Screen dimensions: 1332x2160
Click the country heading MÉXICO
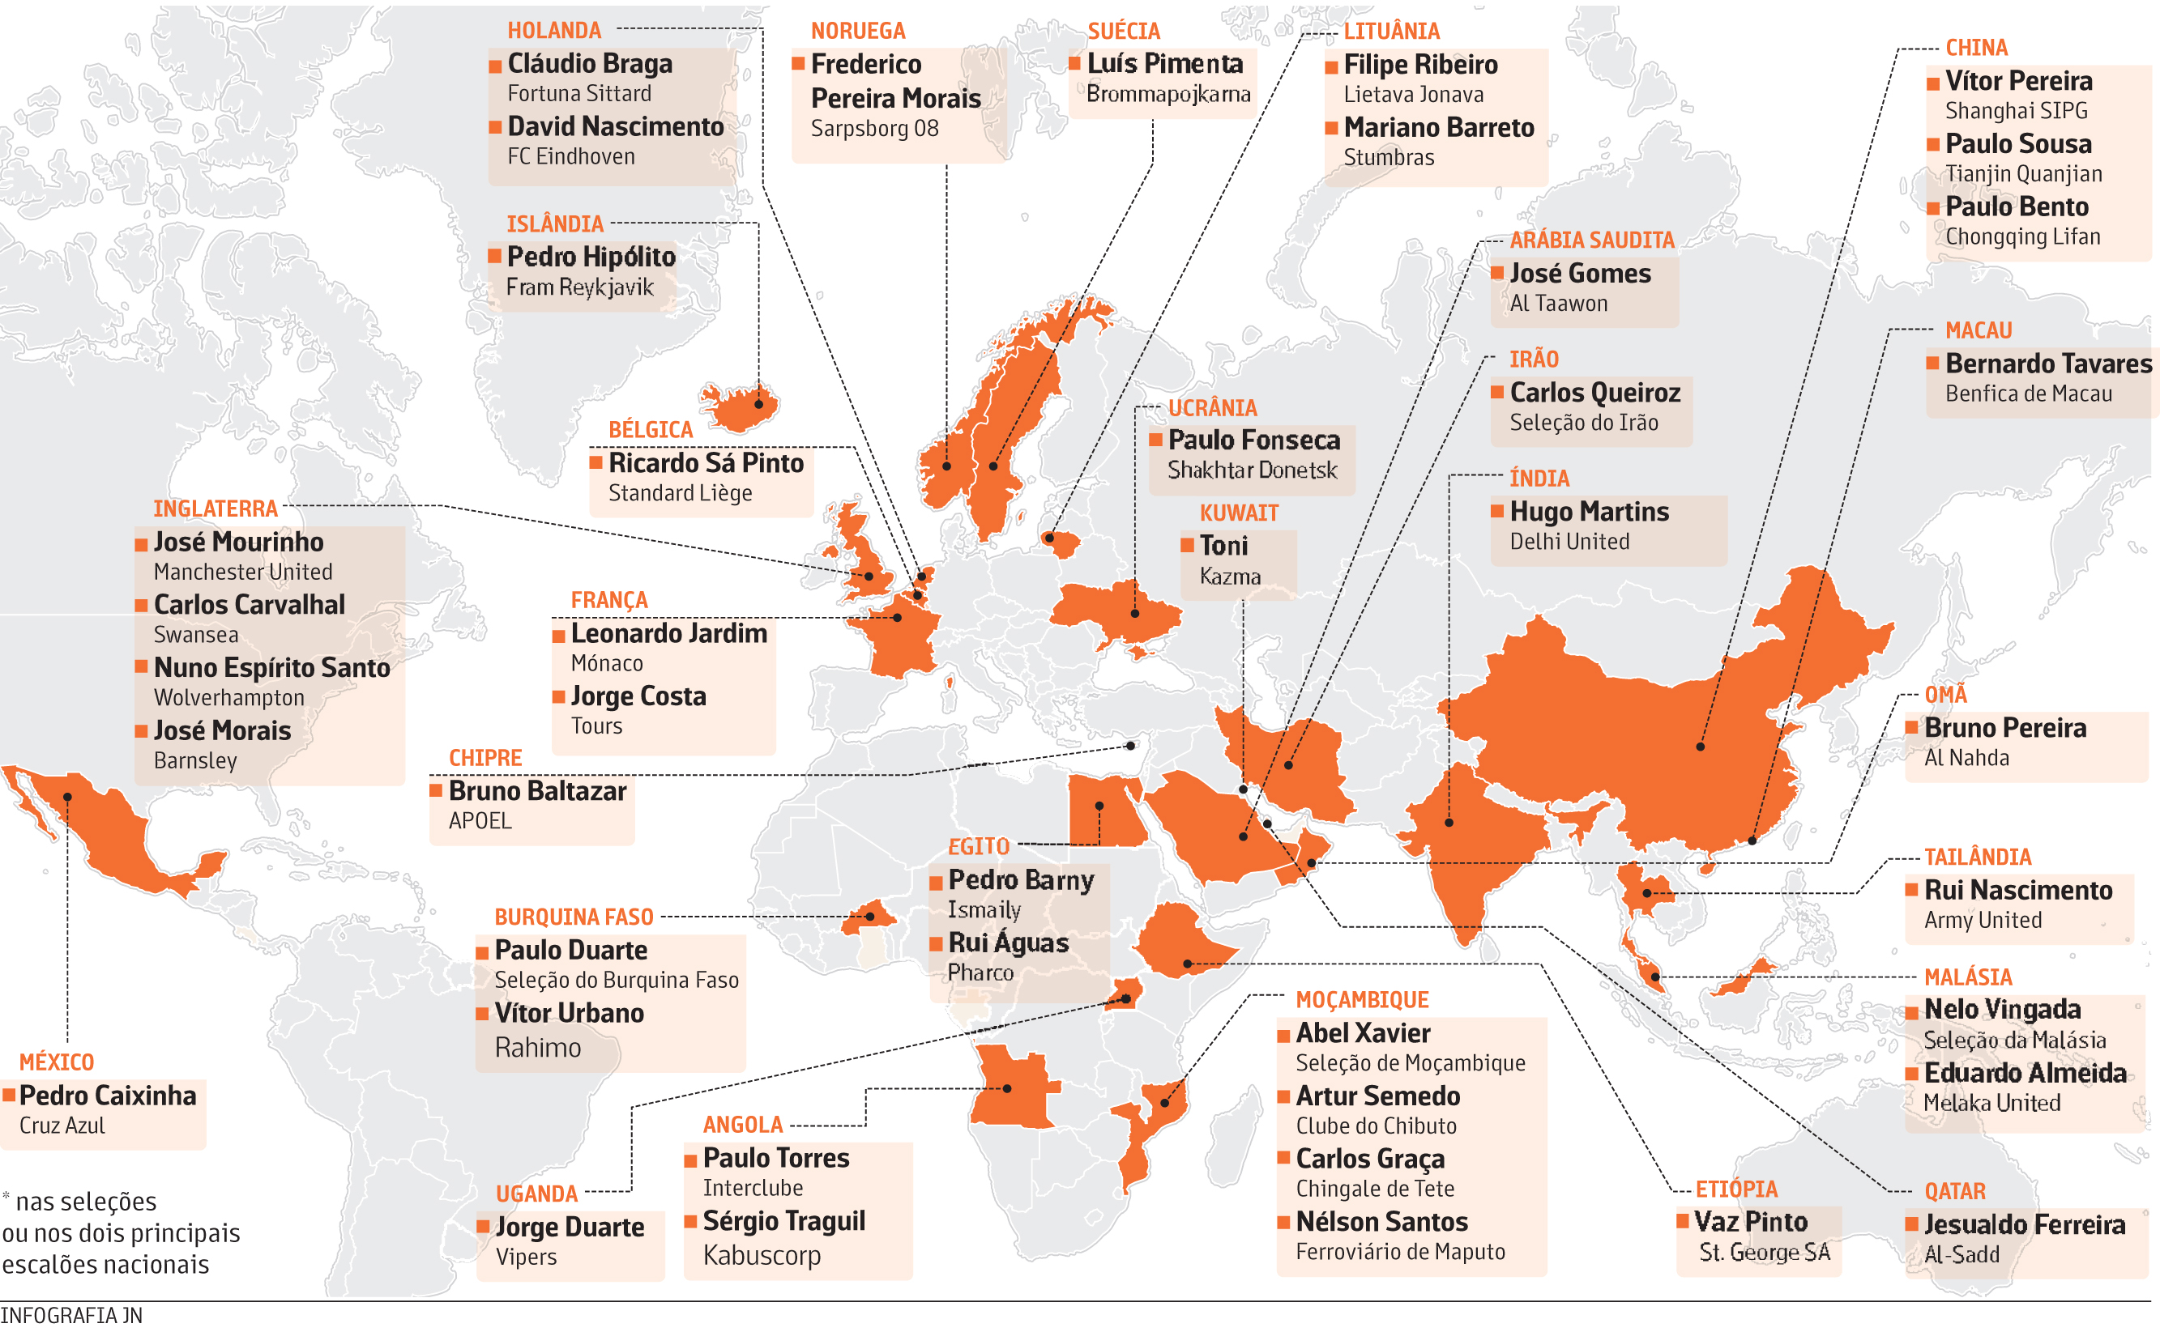(57, 1062)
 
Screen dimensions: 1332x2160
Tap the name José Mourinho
(238, 542)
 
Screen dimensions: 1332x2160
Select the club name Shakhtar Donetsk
(1252, 470)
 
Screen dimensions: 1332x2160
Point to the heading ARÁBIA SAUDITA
(1590, 240)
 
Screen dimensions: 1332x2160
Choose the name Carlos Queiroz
(1594, 392)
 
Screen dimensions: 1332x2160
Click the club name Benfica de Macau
(2028, 394)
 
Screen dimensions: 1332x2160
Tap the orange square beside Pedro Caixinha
(9, 1095)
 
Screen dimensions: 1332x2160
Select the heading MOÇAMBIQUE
(1362, 1000)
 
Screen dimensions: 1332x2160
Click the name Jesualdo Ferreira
(2024, 1223)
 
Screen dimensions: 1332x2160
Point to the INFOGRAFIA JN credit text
(71, 1315)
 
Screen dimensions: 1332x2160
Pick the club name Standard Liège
(680, 492)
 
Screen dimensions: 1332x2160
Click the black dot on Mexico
(68, 797)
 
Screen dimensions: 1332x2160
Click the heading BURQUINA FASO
(574, 917)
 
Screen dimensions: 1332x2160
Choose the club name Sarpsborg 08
(874, 129)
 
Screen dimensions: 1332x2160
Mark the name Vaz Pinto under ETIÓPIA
(1750, 1221)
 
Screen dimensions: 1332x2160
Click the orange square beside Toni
(1187, 545)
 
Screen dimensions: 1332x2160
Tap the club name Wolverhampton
(229, 698)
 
